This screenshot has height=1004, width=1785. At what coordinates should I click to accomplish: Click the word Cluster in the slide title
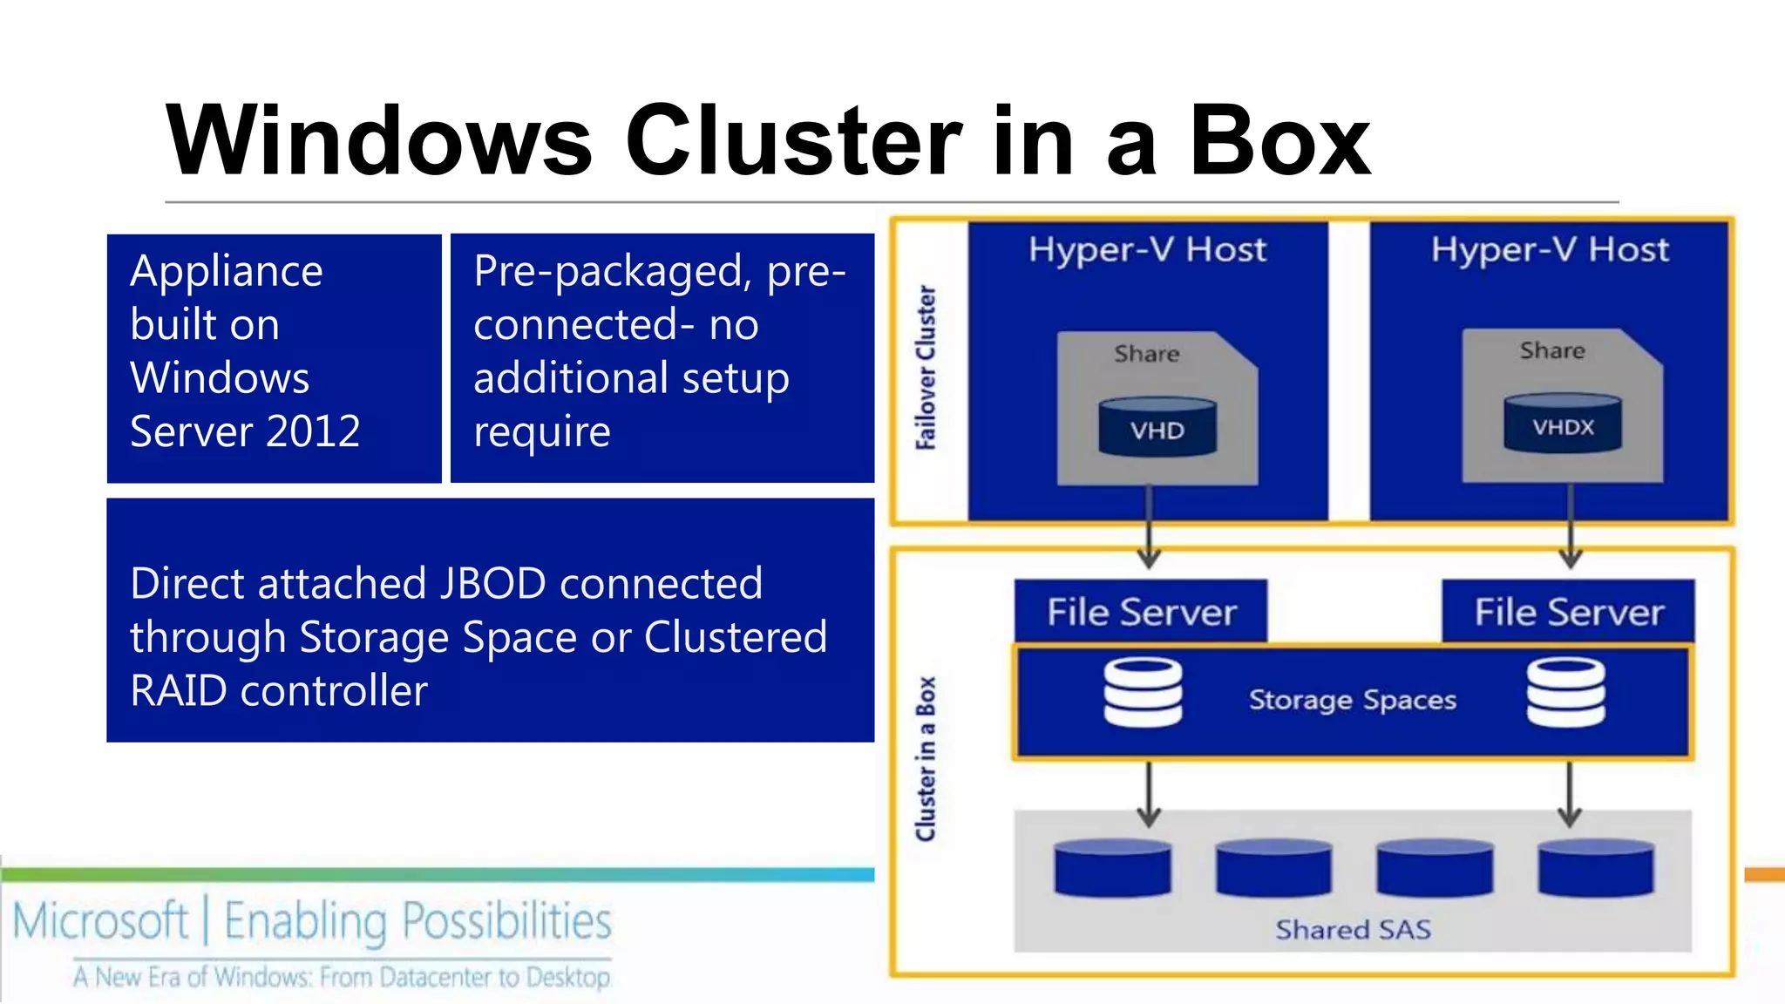(x=793, y=141)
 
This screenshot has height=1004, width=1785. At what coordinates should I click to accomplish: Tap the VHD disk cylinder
(x=1157, y=427)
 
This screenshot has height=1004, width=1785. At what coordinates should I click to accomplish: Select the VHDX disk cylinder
(x=1563, y=424)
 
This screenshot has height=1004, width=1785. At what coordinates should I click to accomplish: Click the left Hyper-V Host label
(x=1147, y=250)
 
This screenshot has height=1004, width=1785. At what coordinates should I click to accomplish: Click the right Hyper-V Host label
(x=1550, y=250)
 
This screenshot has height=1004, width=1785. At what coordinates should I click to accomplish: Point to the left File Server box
(x=1141, y=612)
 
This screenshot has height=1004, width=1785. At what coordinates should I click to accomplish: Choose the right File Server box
(x=1568, y=612)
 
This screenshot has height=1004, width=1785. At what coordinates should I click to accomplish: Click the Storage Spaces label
(x=1352, y=700)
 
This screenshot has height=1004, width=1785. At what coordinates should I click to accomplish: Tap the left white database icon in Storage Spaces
(x=1143, y=693)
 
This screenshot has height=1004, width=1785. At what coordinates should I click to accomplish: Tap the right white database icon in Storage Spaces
(x=1565, y=693)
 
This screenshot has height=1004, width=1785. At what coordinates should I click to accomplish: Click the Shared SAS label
(x=1353, y=930)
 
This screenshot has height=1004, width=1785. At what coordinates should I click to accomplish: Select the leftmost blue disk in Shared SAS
(x=1112, y=868)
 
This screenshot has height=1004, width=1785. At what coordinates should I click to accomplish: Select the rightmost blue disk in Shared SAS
(x=1596, y=868)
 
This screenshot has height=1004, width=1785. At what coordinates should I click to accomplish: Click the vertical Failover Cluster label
(x=926, y=367)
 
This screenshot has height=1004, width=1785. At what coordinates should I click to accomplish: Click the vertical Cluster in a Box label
(x=926, y=758)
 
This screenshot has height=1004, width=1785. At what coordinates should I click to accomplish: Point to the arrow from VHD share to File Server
(x=1149, y=527)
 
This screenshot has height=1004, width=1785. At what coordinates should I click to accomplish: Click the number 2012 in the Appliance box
(x=313, y=431)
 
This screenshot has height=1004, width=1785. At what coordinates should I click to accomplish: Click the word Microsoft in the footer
(x=100, y=921)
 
